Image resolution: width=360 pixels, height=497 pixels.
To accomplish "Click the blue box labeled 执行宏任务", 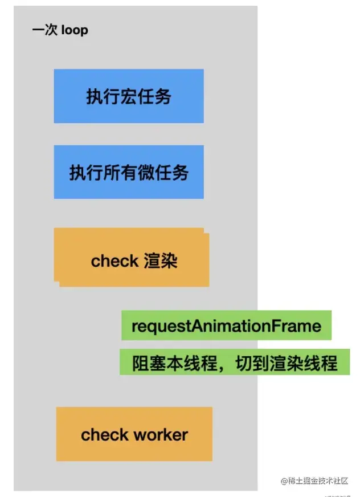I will point(129,96).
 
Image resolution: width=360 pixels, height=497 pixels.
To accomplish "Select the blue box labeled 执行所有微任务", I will point(129,172).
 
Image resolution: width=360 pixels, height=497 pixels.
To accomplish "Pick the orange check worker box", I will point(134,434).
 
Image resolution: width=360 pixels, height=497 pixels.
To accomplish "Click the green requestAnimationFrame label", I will point(226,326).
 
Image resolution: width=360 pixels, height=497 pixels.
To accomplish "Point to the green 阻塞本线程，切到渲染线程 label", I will point(235,362).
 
